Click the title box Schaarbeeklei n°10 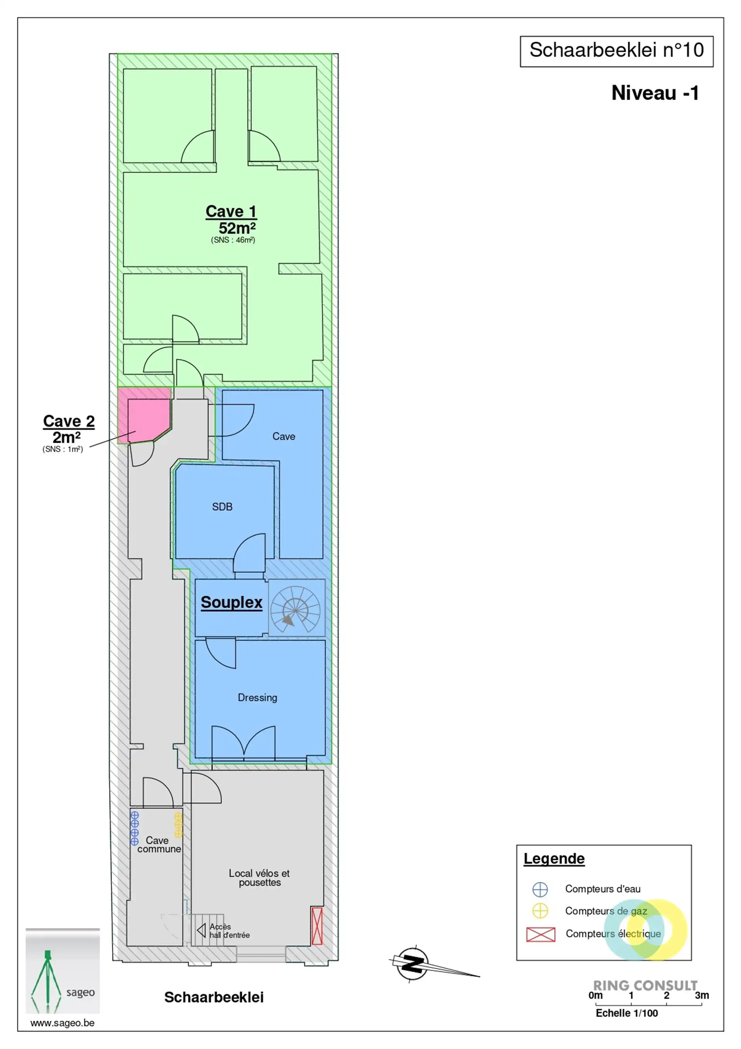pyautogui.click(x=616, y=51)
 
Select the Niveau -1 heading pyautogui.click(x=655, y=93)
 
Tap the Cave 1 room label pyautogui.click(x=231, y=212)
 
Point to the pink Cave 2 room pyautogui.click(x=145, y=415)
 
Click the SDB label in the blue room pyautogui.click(x=222, y=507)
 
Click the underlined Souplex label pyautogui.click(x=232, y=602)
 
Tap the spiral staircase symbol pyautogui.click(x=296, y=608)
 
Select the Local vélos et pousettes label pyautogui.click(x=259, y=878)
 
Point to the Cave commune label pyautogui.click(x=159, y=844)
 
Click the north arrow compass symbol pyautogui.click(x=413, y=964)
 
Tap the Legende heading pyautogui.click(x=554, y=859)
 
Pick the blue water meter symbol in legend pyautogui.click(x=540, y=890)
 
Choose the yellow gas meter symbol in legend pyautogui.click(x=540, y=911)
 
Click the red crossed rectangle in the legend pyautogui.click(x=541, y=934)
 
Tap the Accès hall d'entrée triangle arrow pyautogui.click(x=201, y=930)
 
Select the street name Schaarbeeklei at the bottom pyautogui.click(x=214, y=997)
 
